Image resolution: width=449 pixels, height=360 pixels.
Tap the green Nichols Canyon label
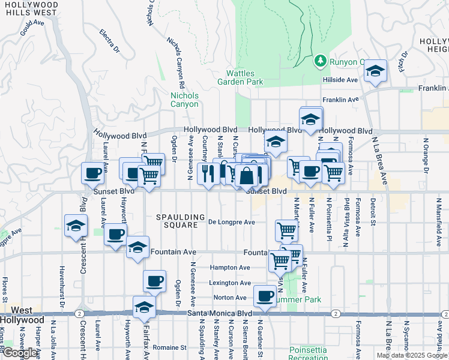click(x=184, y=100)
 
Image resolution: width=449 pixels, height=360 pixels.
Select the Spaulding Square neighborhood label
click(x=176, y=221)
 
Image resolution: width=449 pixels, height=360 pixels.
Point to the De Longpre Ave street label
click(x=232, y=222)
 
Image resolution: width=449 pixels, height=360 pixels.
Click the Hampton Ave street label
click(x=230, y=268)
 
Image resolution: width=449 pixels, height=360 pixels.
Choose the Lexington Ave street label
click(x=230, y=283)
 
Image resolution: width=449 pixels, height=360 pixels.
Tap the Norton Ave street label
click(x=228, y=298)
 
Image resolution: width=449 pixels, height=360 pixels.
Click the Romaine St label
click(x=169, y=347)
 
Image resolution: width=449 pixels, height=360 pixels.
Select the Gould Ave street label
click(x=32, y=28)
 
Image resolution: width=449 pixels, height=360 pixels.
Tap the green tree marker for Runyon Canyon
click(x=321, y=61)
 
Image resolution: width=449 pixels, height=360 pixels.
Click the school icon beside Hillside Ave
click(x=375, y=71)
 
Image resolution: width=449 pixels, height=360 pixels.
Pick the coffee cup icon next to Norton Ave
click(x=265, y=295)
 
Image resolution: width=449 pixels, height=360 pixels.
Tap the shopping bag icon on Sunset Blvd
click(x=246, y=176)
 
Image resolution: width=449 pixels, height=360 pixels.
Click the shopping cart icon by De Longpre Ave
click(x=286, y=229)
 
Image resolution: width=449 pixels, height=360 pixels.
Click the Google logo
click(x=20, y=353)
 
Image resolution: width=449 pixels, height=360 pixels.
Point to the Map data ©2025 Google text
click(x=412, y=355)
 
